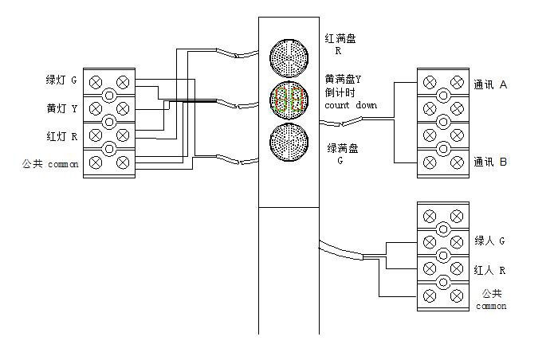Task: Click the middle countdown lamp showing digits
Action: point(288,100)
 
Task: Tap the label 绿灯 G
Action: point(61,80)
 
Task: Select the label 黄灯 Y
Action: point(61,108)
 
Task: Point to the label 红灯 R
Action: point(61,136)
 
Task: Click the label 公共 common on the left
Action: point(50,164)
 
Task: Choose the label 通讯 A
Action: point(490,84)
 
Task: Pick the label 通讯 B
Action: point(490,162)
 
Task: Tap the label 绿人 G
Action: point(490,241)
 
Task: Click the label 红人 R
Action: point(490,270)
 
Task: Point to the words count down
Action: point(350,105)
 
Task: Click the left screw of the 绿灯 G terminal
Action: point(96,82)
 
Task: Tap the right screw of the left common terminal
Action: point(124,162)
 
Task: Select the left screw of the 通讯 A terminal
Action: point(430,82)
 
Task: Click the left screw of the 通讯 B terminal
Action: point(430,162)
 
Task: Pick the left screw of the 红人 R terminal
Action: point(430,269)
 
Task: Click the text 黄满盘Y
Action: point(344,79)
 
